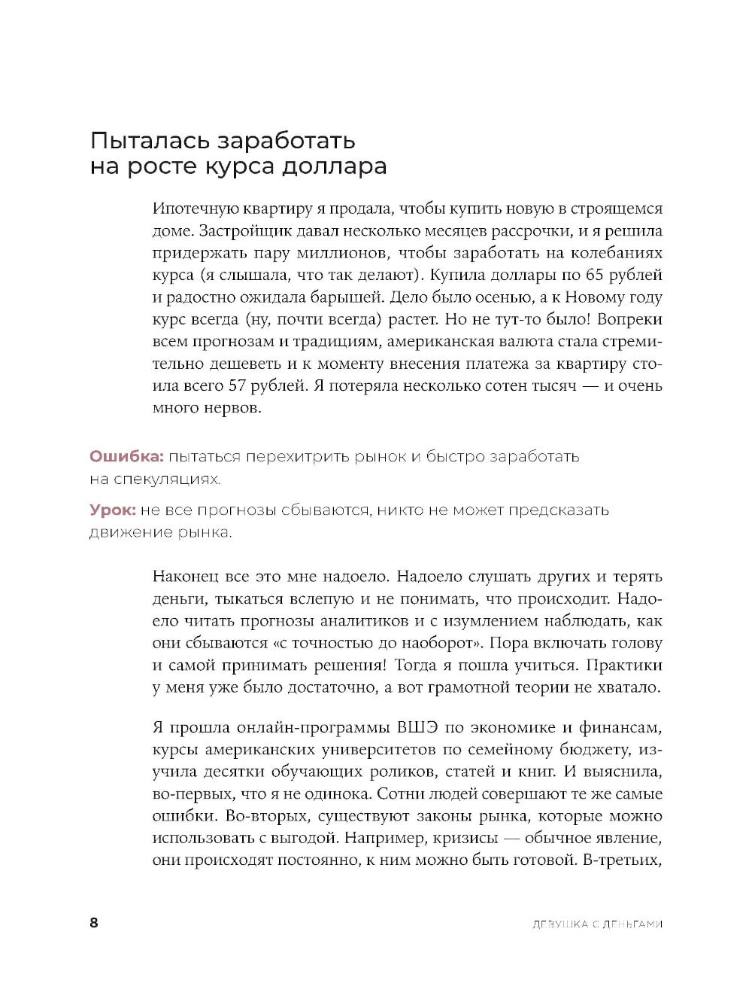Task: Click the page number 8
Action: tap(94, 923)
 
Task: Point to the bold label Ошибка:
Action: tap(126, 456)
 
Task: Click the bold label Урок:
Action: tap(113, 510)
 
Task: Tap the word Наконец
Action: tap(184, 577)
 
